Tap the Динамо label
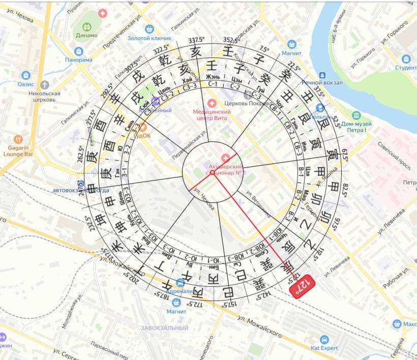pos(87,35)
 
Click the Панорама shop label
pos(78,59)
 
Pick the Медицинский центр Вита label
pos(212,115)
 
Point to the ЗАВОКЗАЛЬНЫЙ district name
pos(165,328)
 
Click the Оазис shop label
pos(25,84)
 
